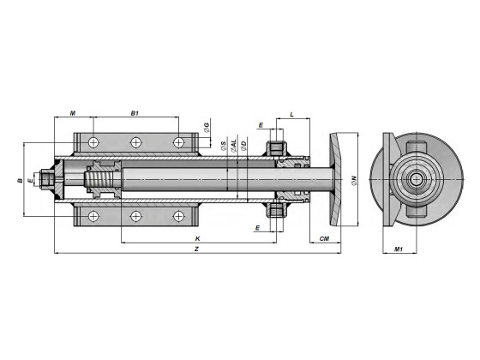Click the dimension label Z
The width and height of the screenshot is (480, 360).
tap(198, 249)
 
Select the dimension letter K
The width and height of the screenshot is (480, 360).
tap(198, 237)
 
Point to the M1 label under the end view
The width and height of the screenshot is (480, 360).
tap(399, 249)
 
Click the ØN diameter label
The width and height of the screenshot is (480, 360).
tap(353, 180)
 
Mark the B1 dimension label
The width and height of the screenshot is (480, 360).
tap(135, 113)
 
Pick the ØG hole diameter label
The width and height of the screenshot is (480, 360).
tap(207, 129)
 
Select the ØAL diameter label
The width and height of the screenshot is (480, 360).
tap(234, 146)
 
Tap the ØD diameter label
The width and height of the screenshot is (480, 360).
tap(244, 146)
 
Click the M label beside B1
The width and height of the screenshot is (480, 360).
tap(73, 113)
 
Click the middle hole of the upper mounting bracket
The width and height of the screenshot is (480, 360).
tap(135, 142)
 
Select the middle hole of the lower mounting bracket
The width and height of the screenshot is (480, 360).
tap(135, 218)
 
